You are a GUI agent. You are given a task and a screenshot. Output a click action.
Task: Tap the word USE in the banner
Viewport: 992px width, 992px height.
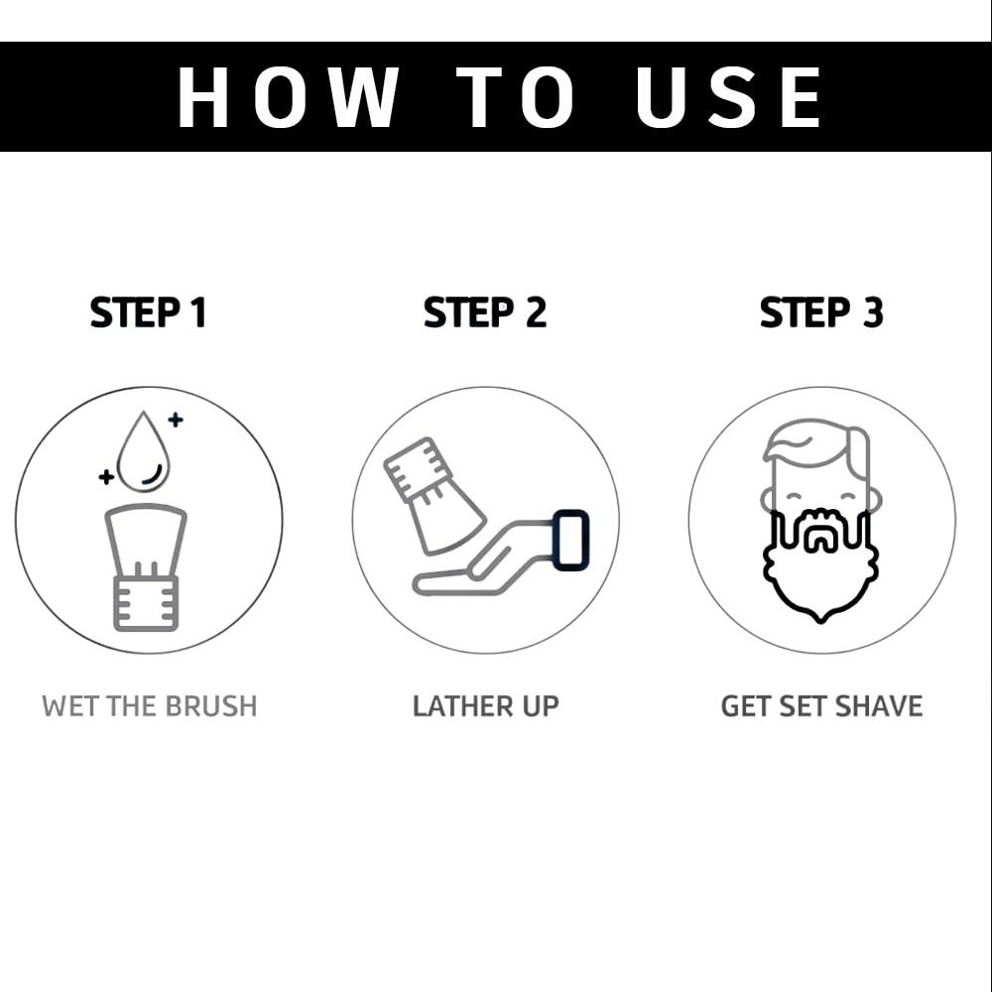pos(729,97)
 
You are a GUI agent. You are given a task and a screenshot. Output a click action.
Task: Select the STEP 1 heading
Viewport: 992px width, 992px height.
pos(149,312)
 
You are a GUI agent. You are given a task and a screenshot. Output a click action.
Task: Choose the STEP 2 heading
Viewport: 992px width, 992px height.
pos(485,312)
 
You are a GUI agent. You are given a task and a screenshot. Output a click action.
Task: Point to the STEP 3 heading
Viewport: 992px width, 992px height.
pos(821,312)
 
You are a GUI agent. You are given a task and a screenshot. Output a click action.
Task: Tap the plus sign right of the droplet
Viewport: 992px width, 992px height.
pos(176,419)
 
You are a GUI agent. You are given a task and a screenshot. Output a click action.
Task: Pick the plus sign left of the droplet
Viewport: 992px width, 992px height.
pos(106,476)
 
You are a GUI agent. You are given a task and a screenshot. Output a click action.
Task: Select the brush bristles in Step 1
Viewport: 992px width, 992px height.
pos(146,542)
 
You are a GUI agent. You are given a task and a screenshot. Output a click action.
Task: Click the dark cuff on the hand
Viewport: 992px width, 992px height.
pos(570,539)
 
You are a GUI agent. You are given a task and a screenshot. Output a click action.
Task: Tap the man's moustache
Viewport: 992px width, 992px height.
pos(820,523)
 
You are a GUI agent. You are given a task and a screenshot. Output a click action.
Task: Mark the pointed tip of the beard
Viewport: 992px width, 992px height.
pos(820,621)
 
